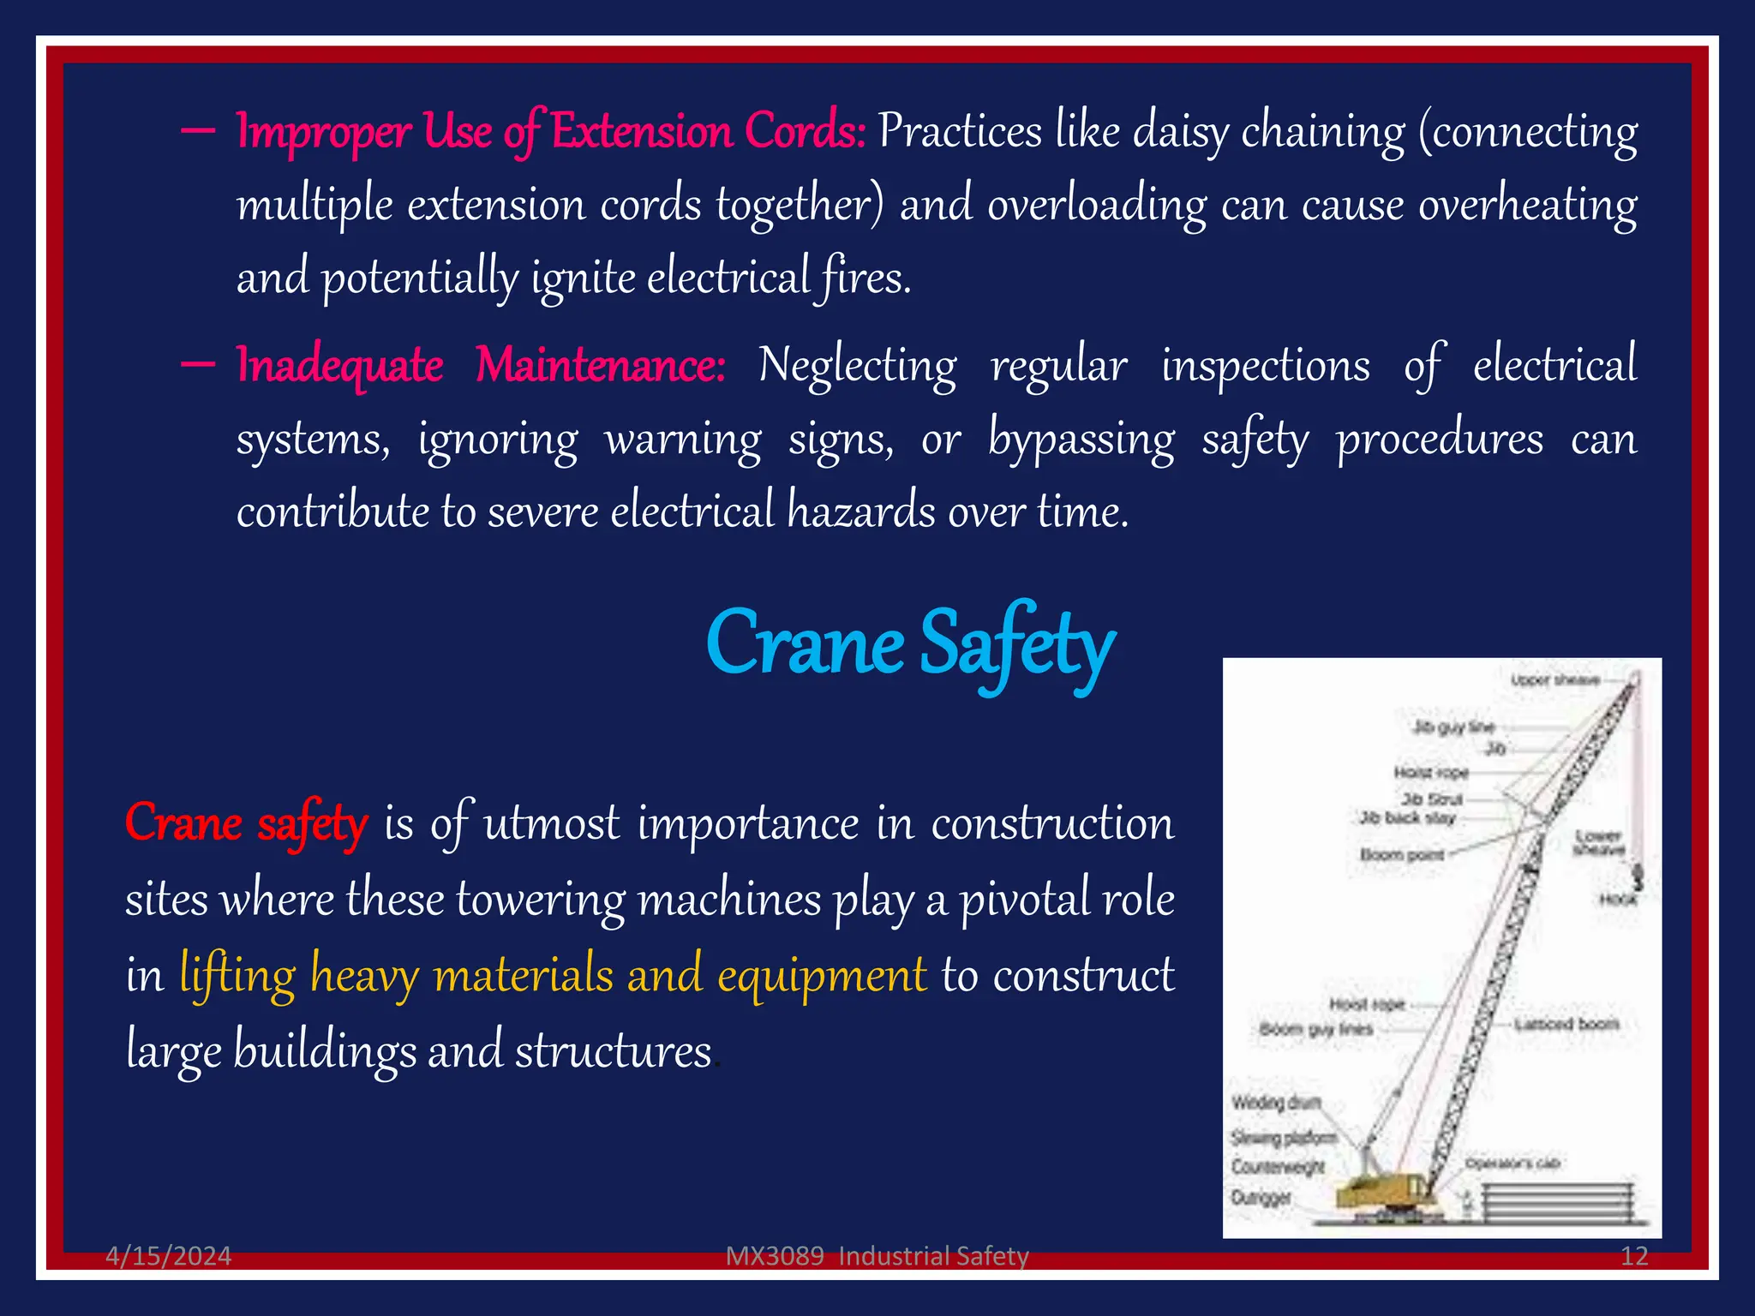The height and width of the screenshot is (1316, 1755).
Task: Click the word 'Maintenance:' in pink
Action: click(601, 365)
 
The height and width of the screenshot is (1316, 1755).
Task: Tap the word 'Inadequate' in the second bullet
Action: click(339, 365)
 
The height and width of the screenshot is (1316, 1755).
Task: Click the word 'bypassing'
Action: click(1081, 440)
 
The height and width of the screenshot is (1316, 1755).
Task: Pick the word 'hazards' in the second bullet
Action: click(861, 511)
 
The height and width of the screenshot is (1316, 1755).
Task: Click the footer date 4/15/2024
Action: click(168, 1256)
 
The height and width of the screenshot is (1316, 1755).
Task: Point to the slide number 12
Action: click(1634, 1256)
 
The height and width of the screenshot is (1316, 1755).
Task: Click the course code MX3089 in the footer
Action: click(775, 1256)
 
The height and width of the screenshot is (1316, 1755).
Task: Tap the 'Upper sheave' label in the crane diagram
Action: click(1554, 680)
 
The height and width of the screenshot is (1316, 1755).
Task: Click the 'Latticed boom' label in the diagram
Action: click(1566, 1024)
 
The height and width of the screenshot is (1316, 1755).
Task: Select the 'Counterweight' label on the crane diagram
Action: click(1278, 1167)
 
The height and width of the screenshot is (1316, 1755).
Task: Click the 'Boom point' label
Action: click(1402, 855)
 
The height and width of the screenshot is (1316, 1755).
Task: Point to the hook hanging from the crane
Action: click(1638, 878)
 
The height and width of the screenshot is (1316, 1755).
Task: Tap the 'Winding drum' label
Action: click(1276, 1103)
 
